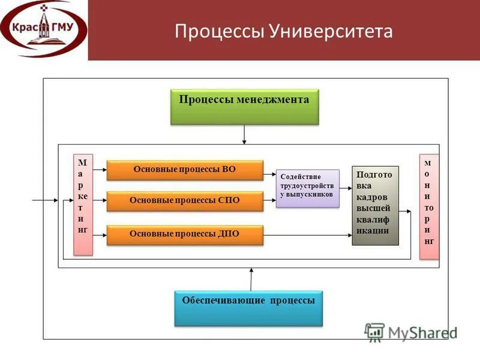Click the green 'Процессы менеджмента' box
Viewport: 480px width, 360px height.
[x=244, y=106]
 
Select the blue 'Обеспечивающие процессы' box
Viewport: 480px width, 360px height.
[x=248, y=308]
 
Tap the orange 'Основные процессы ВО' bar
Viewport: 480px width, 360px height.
[x=185, y=170]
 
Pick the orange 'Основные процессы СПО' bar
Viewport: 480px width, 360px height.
[x=185, y=201]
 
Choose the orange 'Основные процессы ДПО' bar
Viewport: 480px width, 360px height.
[x=185, y=234]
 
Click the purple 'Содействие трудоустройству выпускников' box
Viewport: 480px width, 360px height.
[x=307, y=188]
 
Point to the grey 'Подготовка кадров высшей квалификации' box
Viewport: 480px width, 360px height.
[x=375, y=205]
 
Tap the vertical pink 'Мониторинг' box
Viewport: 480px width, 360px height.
[x=428, y=206]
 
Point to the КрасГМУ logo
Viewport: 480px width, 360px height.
[x=43, y=29]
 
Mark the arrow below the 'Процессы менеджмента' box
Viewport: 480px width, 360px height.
[x=244, y=134]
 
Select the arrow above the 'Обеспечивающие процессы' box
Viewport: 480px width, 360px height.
[x=251, y=280]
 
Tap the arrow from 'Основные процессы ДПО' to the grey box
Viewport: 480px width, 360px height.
[x=307, y=236]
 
